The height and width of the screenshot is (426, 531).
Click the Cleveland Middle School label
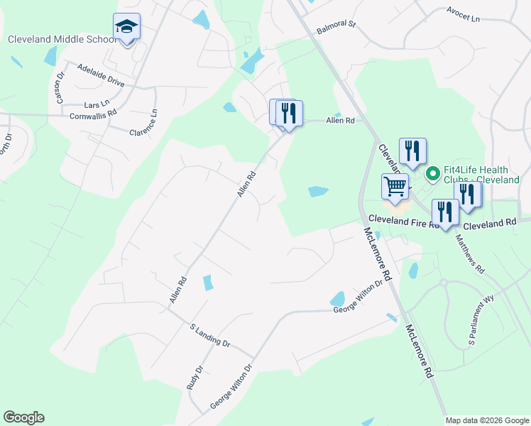click(x=62, y=40)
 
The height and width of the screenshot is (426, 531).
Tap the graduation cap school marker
click(x=127, y=28)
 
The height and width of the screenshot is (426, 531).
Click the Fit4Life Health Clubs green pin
click(x=432, y=173)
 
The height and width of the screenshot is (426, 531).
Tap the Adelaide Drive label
click(x=100, y=77)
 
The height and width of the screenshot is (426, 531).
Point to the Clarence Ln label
click(x=143, y=123)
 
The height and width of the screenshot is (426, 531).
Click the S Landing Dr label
click(x=209, y=335)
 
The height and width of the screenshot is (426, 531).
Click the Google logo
click(x=23, y=417)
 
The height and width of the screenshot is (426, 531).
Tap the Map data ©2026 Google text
click(x=487, y=420)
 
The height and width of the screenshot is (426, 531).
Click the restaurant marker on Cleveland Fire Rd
click(x=445, y=213)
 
